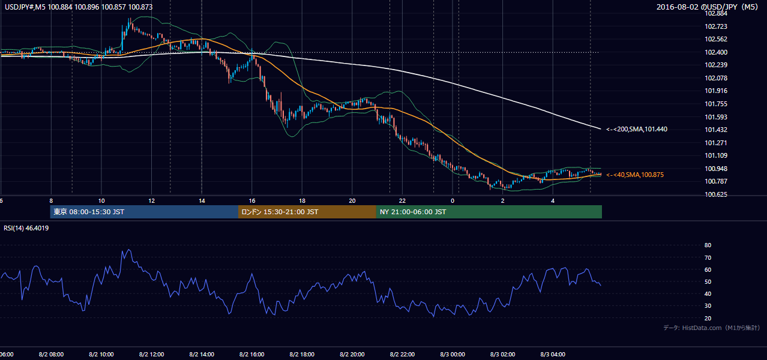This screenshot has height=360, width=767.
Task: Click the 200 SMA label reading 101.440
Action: coord(637,130)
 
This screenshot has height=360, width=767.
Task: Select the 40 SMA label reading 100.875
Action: coord(635,175)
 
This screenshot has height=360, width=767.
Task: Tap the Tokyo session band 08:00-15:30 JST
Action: coord(144,212)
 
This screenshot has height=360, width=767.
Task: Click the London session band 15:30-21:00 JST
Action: coord(307,212)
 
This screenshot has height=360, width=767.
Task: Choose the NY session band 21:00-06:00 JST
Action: coord(489,212)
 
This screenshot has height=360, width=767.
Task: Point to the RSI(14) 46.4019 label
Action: coord(26,228)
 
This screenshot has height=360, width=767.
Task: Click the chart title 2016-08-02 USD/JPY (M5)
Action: coord(708,7)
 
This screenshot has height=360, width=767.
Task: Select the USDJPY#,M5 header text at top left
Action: coord(79,7)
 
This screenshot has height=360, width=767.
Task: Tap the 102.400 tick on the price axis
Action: coord(716,52)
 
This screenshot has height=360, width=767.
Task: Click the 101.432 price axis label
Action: coord(716,130)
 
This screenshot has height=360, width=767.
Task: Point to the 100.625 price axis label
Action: coord(716,194)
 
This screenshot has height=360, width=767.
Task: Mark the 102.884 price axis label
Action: coord(716,13)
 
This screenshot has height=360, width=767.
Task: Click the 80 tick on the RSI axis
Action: coord(708,245)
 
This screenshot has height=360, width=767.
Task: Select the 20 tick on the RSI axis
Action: coord(708,318)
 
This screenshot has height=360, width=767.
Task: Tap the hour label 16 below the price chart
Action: coord(252,201)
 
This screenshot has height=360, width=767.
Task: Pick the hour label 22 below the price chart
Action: coord(402,201)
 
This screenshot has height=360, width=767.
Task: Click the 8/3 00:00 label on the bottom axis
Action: coord(453,355)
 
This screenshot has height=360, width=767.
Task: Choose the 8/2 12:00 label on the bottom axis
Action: coord(151,355)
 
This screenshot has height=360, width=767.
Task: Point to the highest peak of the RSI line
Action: coord(129,250)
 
